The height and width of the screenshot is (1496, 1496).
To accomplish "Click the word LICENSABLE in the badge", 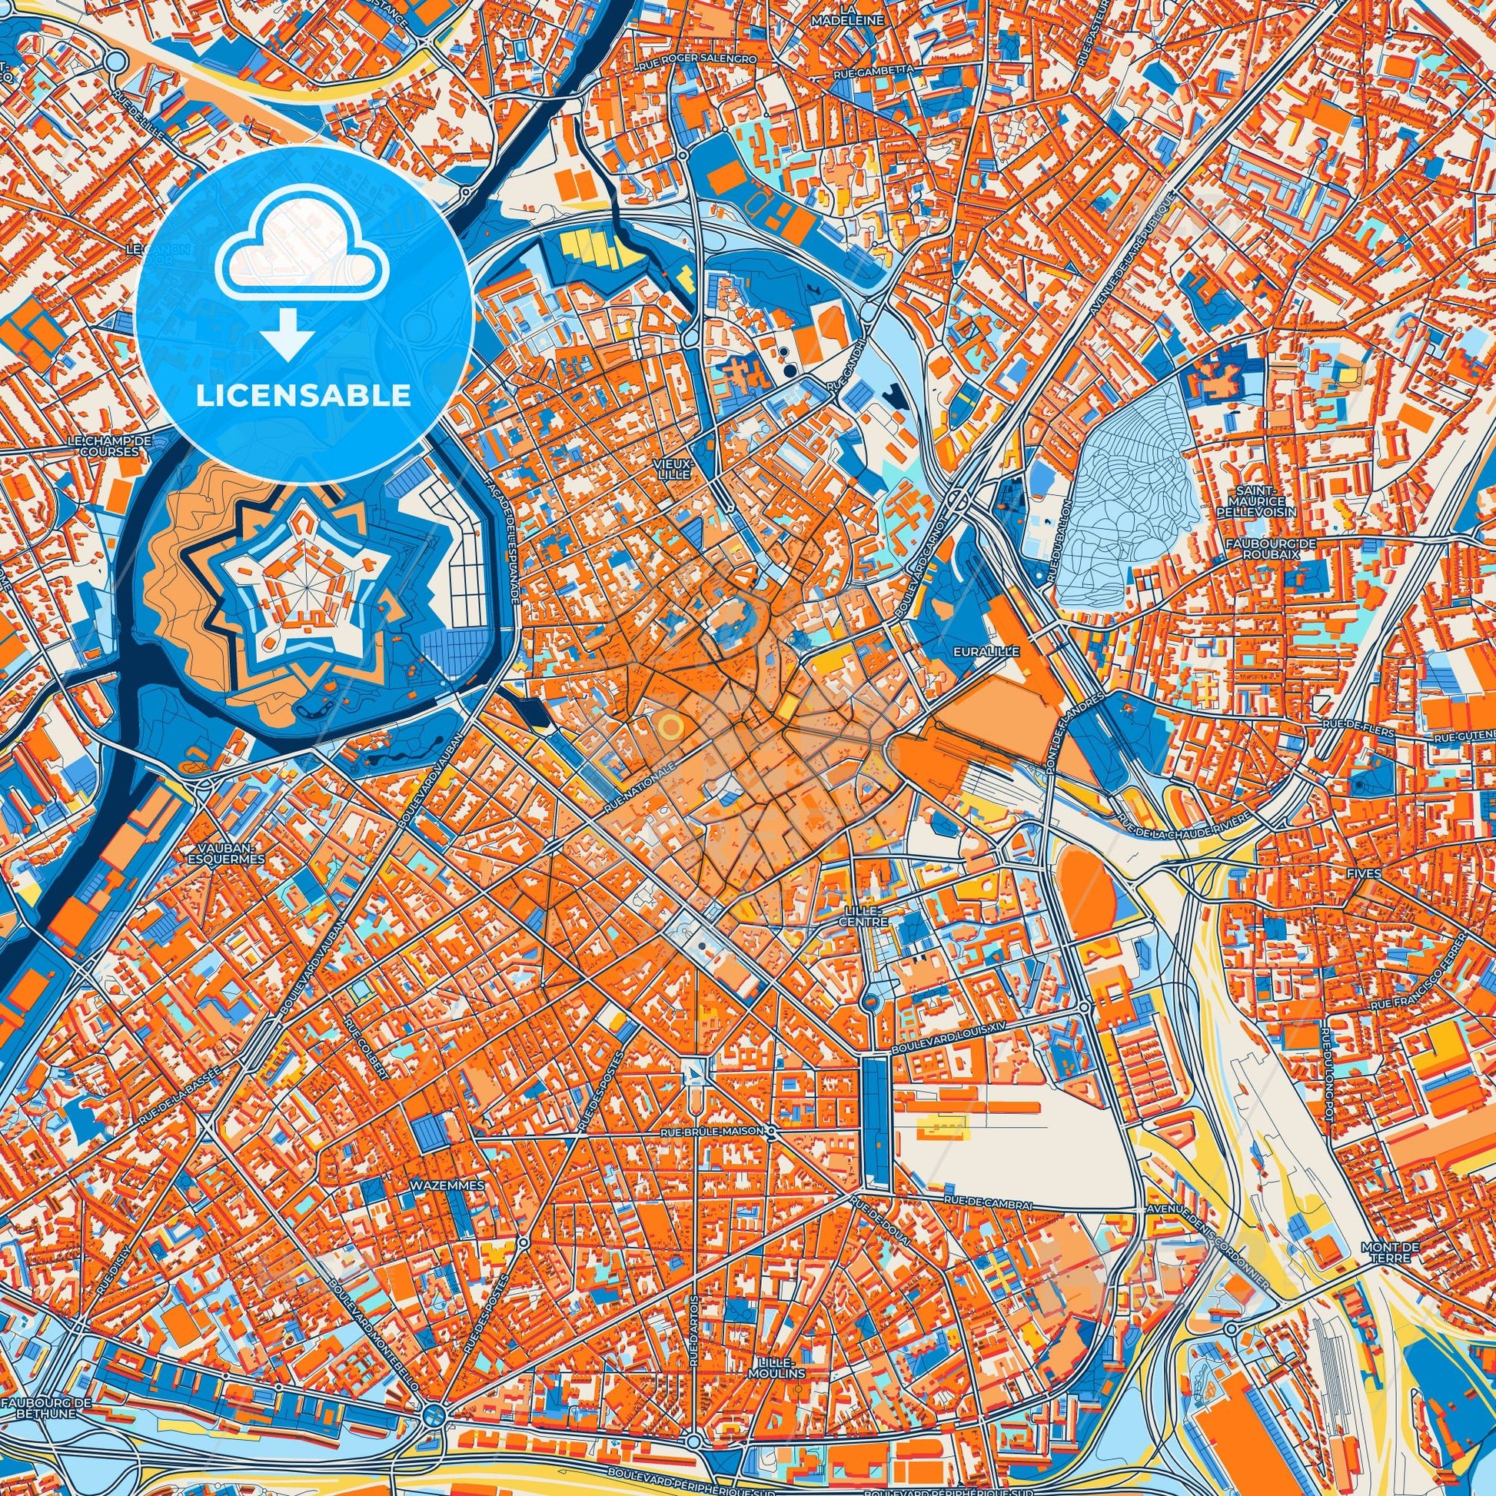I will click(304, 396).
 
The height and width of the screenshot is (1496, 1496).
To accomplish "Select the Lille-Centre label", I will click(864, 919).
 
